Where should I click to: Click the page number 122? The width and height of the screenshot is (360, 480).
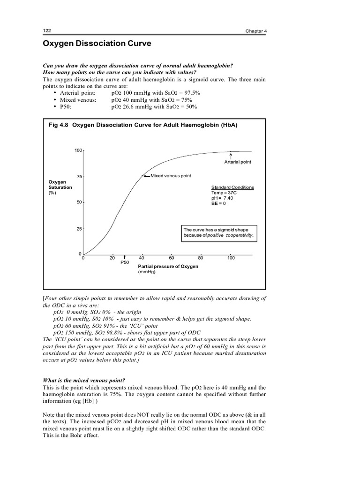[47, 30]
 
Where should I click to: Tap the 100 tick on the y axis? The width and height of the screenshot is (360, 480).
[78, 150]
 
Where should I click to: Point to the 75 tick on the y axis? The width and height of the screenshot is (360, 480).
[79, 176]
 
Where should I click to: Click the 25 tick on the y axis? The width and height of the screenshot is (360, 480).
[79, 229]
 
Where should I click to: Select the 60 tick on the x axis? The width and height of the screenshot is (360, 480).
[172, 258]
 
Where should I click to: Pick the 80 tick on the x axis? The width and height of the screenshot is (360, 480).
[201, 258]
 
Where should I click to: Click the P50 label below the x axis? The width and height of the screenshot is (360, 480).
[125, 263]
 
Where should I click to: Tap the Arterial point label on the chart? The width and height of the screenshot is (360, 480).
[238, 162]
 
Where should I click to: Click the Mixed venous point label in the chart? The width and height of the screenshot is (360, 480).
[171, 176]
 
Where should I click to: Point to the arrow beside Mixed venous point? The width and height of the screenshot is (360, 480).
[146, 176]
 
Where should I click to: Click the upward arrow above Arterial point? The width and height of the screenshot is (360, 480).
[231, 155]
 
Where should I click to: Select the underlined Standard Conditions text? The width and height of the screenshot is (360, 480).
[233, 187]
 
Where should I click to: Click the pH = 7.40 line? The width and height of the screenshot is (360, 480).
[222, 198]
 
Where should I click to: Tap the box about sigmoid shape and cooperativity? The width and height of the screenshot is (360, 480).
[220, 232]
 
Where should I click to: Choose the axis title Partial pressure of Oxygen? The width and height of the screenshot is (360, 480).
[168, 266]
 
